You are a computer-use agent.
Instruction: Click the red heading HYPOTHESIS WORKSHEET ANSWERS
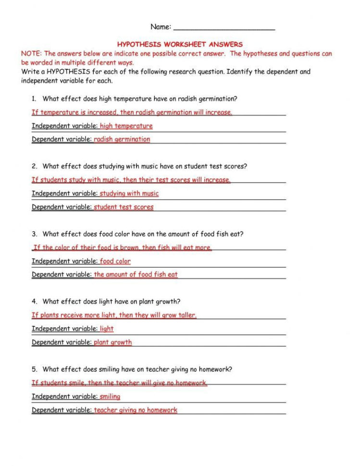click(x=180, y=44)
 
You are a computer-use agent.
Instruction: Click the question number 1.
click(x=34, y=99)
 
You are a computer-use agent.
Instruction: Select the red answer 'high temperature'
click(x=126, y=126)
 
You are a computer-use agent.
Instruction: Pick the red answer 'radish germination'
click(x=122, y=139)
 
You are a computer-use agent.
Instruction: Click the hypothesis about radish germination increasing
click(x=132, y=112)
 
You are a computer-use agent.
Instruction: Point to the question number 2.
click(x=34, y=167)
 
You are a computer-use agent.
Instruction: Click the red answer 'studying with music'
click(x=129, y=194)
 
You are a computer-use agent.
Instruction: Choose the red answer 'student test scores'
click(x=124, y=207)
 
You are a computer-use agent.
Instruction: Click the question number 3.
click(x=34, y=234)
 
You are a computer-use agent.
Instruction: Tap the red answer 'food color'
click(x=115, y=261)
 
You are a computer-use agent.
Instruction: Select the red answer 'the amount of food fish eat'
click(x=136, y=275)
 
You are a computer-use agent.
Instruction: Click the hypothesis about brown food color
click(x=123, y=248)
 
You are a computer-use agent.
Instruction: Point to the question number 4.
click(x=34, y=302)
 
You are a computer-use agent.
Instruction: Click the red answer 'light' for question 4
click(x=107, y=329)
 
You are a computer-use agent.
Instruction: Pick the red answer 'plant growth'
click(x=112, y=343)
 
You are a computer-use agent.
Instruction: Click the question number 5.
click(x=34, y=369)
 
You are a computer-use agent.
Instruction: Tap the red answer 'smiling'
click(x=110, y=397)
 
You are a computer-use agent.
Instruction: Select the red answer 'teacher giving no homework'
click(x=136, y=410)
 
